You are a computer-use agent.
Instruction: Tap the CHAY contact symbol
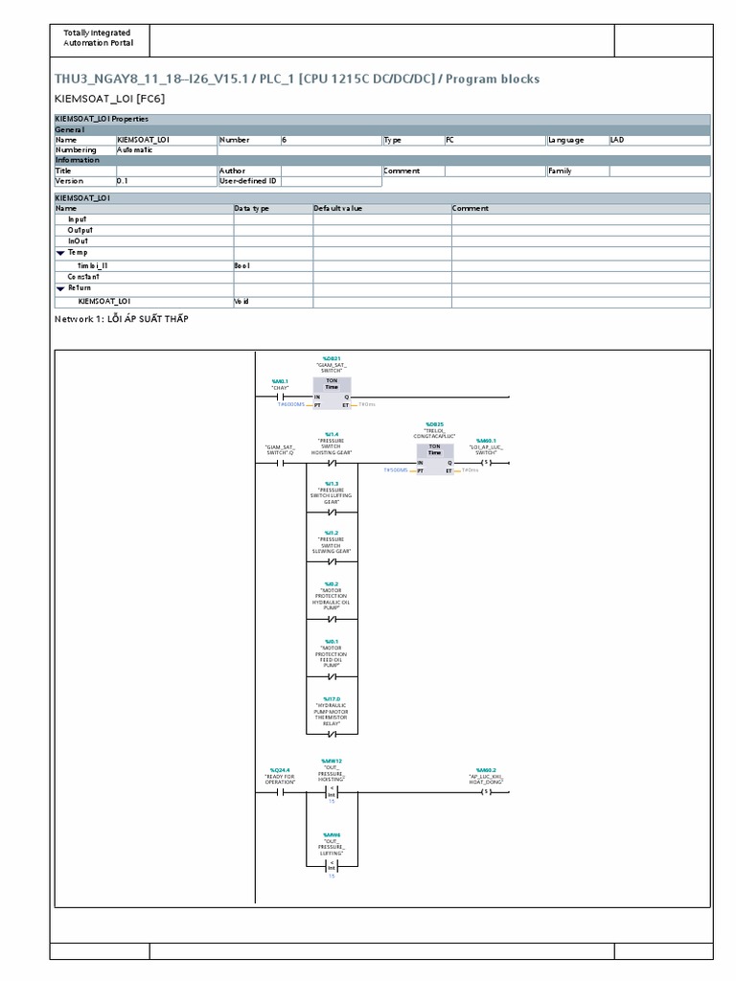point(280,396)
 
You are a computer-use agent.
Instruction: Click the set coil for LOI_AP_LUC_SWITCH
point(486,463)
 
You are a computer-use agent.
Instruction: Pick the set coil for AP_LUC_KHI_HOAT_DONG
point(486,792)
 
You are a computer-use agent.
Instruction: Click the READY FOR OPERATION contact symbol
point(280,792)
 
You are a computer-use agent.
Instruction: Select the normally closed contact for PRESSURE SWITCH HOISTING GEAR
point(332,463)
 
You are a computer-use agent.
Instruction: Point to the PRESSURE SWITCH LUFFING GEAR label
point(332,495)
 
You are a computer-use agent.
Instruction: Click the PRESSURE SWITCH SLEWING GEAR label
point(332,545)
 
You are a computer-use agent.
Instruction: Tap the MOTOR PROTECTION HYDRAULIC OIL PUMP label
point(332,599)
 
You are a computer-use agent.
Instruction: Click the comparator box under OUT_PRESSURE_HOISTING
point(332,792)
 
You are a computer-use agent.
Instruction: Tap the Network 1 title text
point(122,319)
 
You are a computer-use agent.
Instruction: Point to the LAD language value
point(617,140)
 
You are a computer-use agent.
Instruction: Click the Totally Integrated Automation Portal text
point(99,38)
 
